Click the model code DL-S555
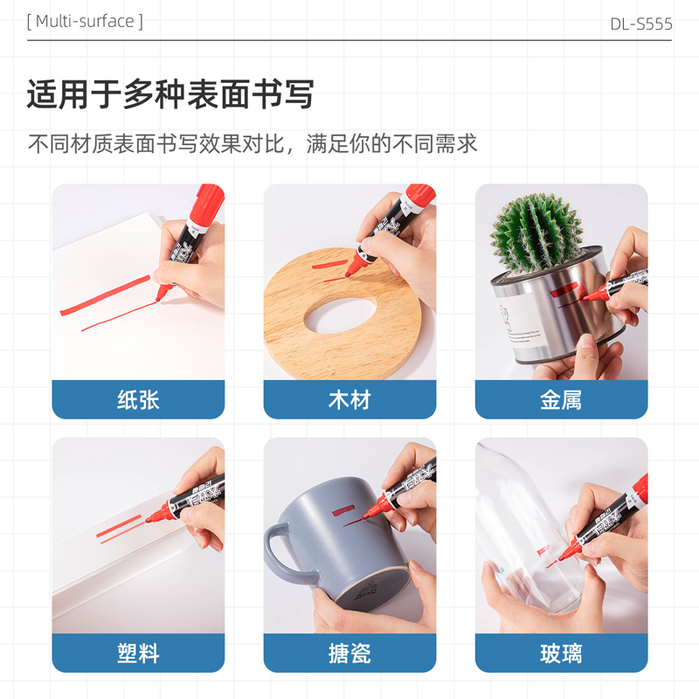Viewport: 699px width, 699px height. [x=641, y=24]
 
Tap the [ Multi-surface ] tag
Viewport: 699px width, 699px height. [x=85, y=21]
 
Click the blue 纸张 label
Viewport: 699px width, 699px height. [x=138, y=399]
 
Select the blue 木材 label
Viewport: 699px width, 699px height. [x=349, y=399]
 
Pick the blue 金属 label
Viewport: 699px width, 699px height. [x=561, y=399]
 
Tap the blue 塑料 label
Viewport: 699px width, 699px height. [x=138, y=653]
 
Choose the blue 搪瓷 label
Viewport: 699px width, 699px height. [x=349, y=653]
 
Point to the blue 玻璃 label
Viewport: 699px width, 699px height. [x=561, y=653]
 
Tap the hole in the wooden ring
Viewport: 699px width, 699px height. [x=340, y=315]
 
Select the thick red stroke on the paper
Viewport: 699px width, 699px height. [x=105, y=295]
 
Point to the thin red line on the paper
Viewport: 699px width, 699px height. [x=119, y=316]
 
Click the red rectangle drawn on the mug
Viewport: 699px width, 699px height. [x=343, y=510]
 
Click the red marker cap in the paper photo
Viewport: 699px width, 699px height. [x=207, y=202]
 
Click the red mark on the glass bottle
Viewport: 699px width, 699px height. [x=543, y=550]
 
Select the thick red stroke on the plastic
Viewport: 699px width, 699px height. [x=119, y=526]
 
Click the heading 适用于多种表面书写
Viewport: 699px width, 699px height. [x=170, y=94]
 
